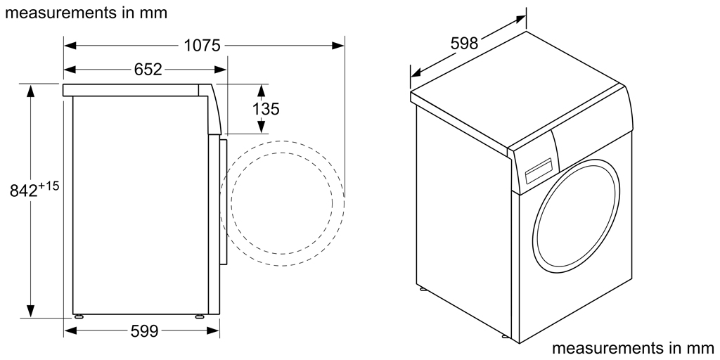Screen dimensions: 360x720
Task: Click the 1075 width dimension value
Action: point(202,46)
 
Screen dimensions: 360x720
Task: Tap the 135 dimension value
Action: point(266,109)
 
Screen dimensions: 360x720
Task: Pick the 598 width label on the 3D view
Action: point(464,44)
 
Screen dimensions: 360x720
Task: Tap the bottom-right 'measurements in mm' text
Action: point(633,348)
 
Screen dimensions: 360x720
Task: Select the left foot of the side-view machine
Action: point(78,316)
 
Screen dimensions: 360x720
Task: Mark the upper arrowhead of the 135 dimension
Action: point(261,91)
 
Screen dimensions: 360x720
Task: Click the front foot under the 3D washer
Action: point(506,337)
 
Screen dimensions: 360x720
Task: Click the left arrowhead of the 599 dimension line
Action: point(69,330)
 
